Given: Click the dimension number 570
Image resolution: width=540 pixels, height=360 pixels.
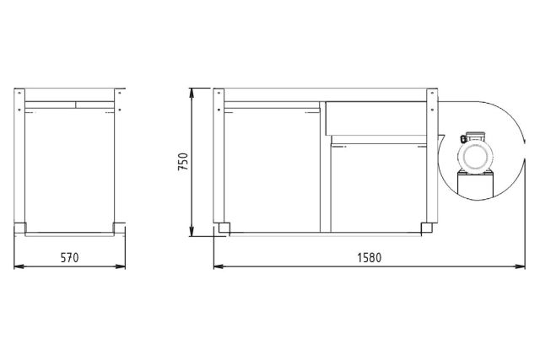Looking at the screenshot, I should [x=69, y=258].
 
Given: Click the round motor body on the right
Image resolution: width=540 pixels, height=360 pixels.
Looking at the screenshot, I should [x=474, y=157].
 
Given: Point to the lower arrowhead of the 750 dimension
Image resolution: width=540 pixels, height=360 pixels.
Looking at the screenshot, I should [x=194, y=234].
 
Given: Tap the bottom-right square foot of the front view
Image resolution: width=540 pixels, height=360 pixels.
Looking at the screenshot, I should [x=427, y=226].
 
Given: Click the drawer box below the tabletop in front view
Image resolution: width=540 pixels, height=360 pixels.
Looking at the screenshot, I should [x=376, y=118].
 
